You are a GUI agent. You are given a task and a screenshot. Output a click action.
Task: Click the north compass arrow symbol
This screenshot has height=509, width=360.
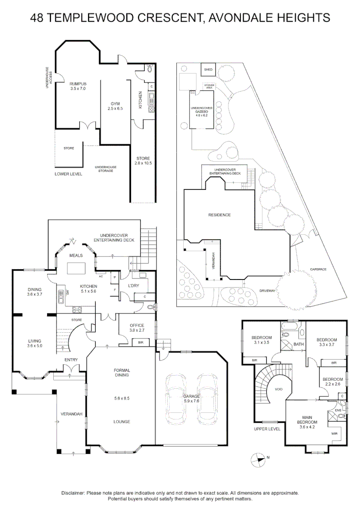[258, 457]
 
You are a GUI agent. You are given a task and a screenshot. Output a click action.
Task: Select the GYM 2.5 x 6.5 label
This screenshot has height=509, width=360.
[115, 106]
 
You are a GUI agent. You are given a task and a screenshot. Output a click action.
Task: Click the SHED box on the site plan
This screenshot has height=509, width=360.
[208, 70]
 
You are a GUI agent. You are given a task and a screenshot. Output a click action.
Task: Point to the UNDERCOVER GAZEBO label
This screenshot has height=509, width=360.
[202, 111]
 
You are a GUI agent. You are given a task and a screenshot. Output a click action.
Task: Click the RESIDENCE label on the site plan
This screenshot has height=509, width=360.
[220, 215]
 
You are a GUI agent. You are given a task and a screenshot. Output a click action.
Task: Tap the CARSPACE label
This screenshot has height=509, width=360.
[318, 269]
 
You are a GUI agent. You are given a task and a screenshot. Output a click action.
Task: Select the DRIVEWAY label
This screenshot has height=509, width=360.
[267, 291]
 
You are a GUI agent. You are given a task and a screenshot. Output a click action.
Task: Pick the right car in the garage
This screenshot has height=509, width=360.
[207, 397]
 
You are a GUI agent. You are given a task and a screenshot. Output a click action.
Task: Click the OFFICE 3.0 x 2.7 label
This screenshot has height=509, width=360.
[136, 328]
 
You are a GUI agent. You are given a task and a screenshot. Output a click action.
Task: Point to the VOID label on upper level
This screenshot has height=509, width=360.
[278, 389]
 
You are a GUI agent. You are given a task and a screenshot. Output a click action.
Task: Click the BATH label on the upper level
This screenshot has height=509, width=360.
[299, 344]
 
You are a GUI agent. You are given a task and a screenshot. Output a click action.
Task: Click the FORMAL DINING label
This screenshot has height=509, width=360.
[122, 373]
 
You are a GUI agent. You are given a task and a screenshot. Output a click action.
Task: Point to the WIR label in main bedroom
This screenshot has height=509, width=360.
[335, 433]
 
